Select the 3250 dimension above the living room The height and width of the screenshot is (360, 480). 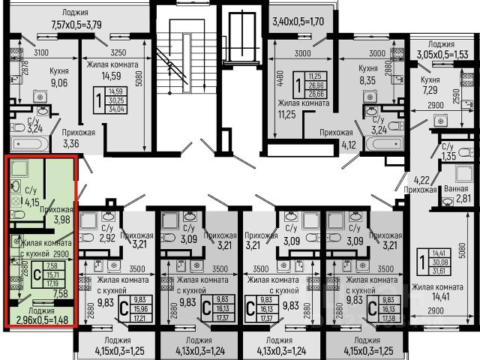tap(118, 52)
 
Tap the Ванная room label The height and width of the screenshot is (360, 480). tap(456, 189)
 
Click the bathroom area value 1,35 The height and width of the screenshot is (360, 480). tap(448, 157)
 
